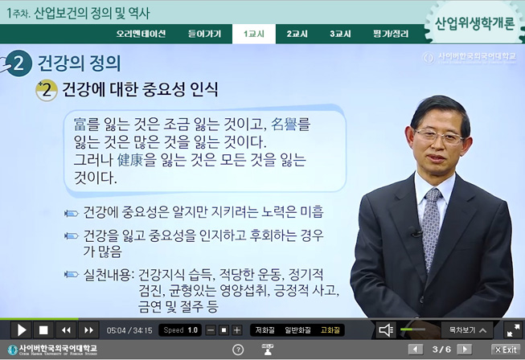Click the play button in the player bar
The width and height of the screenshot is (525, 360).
click(22, 329)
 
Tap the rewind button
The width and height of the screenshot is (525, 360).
click(66, 329)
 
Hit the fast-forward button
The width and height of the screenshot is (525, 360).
click(88, 329)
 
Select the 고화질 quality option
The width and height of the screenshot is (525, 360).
click(330, 329)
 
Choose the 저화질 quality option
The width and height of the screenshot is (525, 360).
click(265, 329)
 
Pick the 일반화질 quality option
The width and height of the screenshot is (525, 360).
click(297, 329)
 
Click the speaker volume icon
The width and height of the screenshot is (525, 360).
click(387, 329)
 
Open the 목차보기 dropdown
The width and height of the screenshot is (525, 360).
click(466, 329)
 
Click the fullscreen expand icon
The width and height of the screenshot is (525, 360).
click(512, 329)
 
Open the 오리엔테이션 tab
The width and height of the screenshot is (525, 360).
click(141, 34)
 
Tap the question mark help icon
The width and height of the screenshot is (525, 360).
click(238, 350)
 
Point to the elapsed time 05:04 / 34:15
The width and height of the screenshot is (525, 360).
click(129, 330)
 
